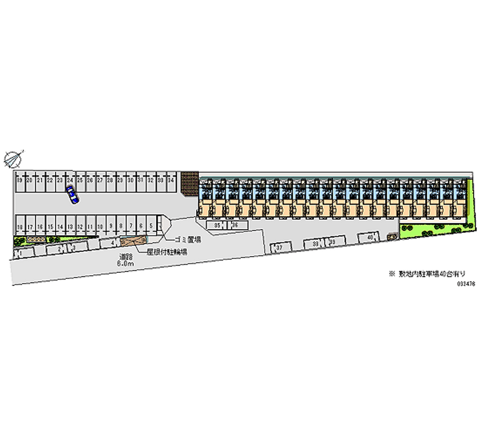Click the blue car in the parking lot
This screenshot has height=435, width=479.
coord(72,194)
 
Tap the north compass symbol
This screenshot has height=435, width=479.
coord(13,159)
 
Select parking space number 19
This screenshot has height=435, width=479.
coord(20,180)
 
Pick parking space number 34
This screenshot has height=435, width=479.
coord(171,180)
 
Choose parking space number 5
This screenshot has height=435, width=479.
coord(151,226)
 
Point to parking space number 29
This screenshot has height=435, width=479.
coord(120,180)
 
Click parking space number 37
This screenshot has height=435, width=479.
coord(279,247)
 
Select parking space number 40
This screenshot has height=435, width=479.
coord(371,239)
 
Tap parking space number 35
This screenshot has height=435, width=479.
coord(218,225)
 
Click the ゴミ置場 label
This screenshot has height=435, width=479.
coord(187,239)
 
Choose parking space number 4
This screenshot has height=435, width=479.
coord(112,244)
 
